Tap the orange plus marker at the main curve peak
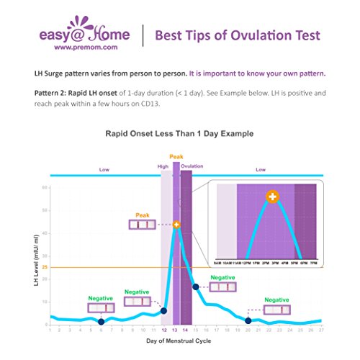176,225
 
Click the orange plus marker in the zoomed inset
272,196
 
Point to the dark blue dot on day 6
101,321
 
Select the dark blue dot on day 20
248,320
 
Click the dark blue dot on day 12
163,311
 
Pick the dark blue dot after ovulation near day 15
195,287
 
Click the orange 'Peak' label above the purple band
176,156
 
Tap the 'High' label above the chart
163,166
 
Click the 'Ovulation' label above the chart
192,166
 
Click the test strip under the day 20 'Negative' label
279,310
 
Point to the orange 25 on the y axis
44,267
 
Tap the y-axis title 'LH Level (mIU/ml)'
34,256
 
